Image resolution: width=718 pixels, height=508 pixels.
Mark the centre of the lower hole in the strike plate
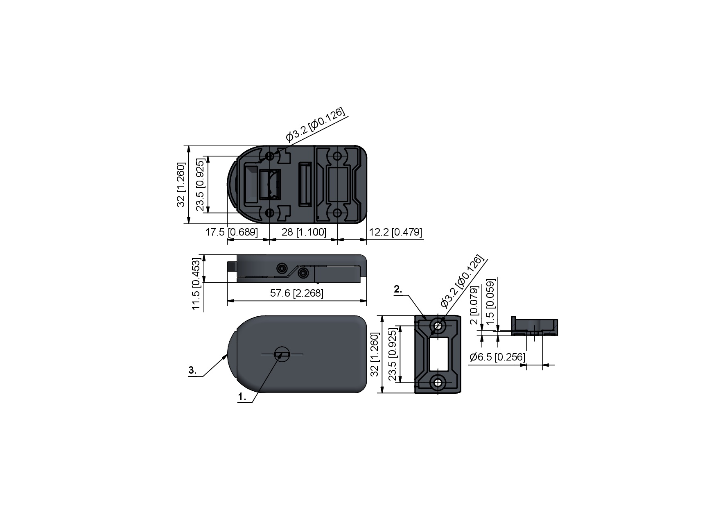(x=438, y=383)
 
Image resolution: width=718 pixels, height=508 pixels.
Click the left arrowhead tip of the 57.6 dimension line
(x=227, y=301)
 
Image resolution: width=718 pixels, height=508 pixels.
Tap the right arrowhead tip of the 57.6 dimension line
(x=366, y=301)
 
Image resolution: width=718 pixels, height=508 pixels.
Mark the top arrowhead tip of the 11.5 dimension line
(x=204, y=255)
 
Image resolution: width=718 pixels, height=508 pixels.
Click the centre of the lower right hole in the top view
(x=337, y=213)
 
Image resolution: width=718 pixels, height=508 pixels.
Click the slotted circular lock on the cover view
(x=282, y=354)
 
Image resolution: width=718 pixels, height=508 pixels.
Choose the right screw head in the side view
(x=303, y=273)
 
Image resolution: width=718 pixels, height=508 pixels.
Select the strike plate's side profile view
(x=534, y=327)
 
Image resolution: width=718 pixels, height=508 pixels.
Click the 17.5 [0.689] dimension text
(x=231, y=232)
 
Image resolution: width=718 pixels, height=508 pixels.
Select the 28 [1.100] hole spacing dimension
(x=304, y=232)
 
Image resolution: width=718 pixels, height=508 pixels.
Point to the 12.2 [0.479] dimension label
(x=395, y=232)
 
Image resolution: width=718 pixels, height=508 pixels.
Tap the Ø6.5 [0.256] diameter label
(x=497, y=357)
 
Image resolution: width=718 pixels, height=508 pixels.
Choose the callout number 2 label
(x=398, y=289)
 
